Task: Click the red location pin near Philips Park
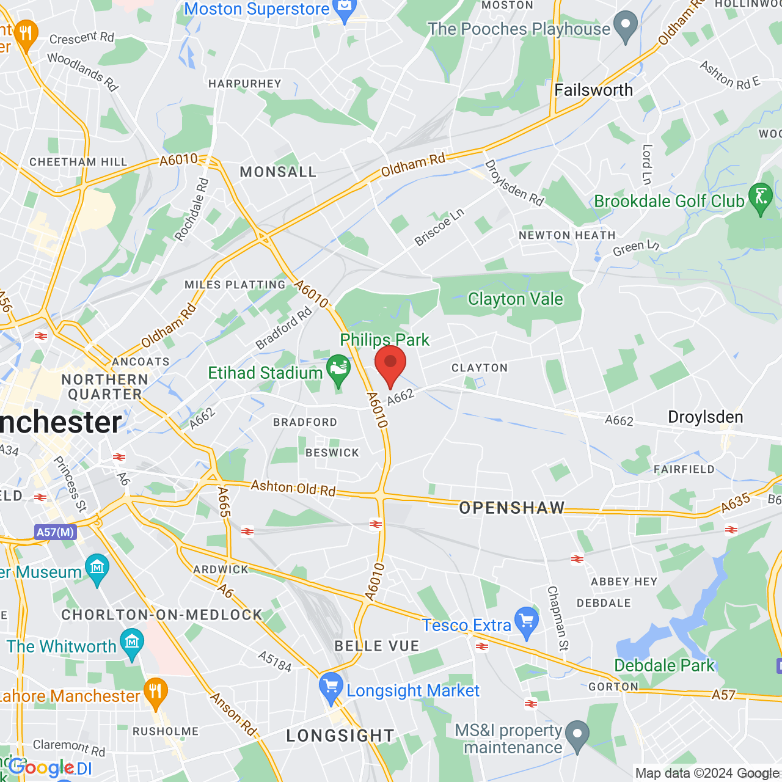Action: click(x=390, y=364)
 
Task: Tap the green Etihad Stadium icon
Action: click(x=338, y=368)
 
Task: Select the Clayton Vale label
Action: click(x=515, y=299)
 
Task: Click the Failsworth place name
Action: click(x=593, y=90)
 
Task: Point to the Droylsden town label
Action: click(x=705, y=417)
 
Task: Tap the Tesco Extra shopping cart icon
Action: click(x=527, y=621)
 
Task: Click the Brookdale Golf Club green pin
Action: click(x=761, y=197)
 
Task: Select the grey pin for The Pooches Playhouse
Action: click(x=625, y=26)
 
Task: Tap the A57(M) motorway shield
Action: click(x=55, y=532)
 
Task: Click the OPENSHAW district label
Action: click(x=512, y=508)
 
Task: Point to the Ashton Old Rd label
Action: click(x=293, y=488)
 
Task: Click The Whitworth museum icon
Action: click(x=132, y=643)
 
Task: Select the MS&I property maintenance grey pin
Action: click(x=577, y=734)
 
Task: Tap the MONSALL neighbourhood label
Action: click(x=278, y=172)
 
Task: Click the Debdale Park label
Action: click(x=664, y=665)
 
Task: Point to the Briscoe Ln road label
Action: click(x=439, y=227)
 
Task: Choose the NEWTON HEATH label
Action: click(x=567, y=235)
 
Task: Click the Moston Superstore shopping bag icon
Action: click(x=345, y=10)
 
